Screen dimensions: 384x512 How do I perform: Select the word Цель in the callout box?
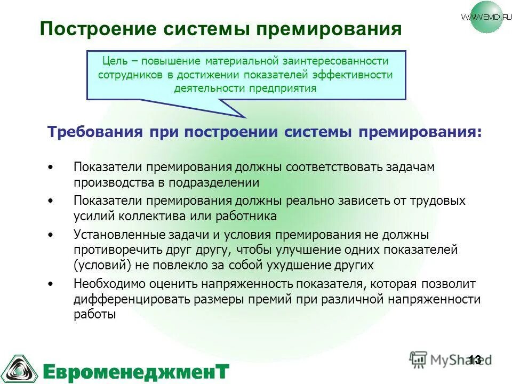pos(113,62)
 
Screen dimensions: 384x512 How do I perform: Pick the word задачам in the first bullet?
pos(413,167)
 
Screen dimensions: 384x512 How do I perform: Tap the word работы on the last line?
pos(94,315)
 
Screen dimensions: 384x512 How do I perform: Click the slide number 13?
pos(474,359)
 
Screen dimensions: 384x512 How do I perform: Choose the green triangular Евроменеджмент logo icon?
pos(19,368)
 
